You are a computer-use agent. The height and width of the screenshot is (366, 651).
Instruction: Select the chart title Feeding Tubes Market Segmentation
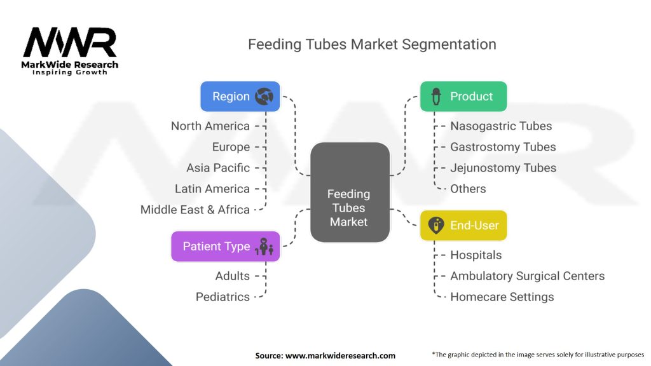[x=372, y=44]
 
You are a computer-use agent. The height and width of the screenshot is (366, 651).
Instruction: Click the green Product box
[x=463, y=97]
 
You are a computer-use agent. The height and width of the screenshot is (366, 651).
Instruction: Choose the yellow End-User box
[x=463, y=226]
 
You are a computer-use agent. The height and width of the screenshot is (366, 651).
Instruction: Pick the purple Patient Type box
[x=225, y=247]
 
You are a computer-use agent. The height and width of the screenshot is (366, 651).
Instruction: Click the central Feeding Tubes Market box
[x=349, y=193]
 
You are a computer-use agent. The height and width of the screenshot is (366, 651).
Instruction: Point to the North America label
[x=210, y=126]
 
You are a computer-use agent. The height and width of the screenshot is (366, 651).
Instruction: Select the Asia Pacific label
[x=218, y=168]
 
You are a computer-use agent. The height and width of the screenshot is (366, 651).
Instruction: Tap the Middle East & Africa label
[x=195, y=210]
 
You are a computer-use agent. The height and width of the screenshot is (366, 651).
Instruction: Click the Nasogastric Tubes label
[x=501, y=126]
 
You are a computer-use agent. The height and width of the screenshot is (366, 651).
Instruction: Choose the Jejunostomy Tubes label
[x=503, y=168]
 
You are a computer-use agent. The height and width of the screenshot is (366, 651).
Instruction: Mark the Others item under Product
[x=468, y=189]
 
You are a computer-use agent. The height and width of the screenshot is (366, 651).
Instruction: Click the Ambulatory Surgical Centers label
[x=527, y=276]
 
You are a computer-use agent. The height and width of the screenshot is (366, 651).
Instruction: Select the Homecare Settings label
[x=502, y=297]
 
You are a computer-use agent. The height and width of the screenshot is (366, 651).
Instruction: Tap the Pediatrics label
[x=223, y=297]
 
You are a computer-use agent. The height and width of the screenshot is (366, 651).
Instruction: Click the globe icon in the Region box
[x=264, y=97]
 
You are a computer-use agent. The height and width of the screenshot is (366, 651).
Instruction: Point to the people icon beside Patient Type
[x=264, y=247]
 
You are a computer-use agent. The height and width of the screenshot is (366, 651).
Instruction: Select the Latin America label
[x=212, y=189]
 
